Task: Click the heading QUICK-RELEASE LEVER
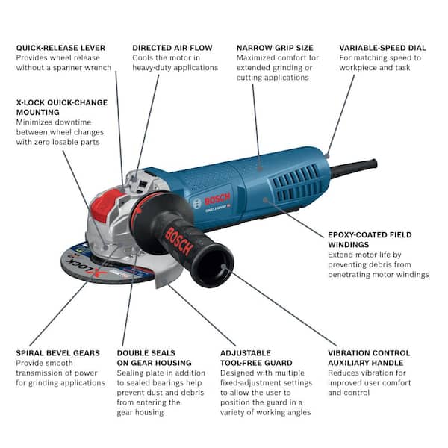[60, 48]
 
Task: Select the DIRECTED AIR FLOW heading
[172, 48]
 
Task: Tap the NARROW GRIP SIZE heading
[275, 48]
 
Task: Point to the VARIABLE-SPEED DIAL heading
[382, 48]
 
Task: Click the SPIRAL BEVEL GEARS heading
[58, 353]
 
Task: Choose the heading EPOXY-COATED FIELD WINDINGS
[370, 240]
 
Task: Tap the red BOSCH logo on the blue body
[217, 199]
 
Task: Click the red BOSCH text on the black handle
[178, 241]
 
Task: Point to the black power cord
[354, 167]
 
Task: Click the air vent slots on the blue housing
[297, 182]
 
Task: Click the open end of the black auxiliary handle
[213, 265]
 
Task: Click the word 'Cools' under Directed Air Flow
[143, 57]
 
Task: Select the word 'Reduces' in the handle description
[343, 373]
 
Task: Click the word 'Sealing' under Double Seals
[131, 373]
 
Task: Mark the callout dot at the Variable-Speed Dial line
[327, 156]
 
